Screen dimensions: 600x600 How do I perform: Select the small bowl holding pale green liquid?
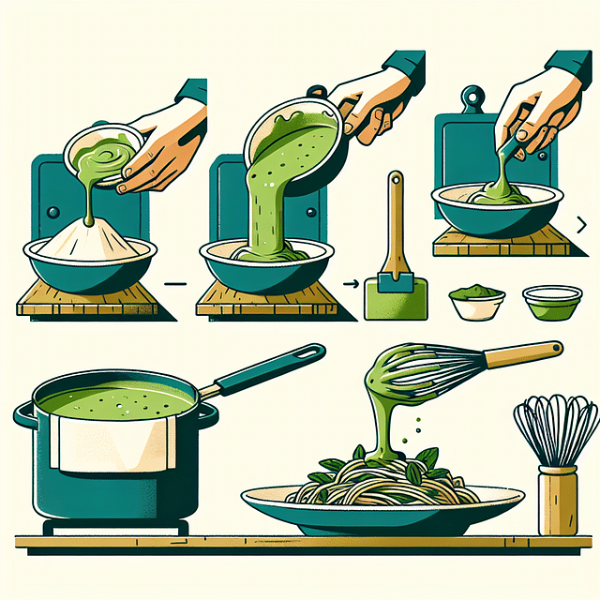pos(550,302)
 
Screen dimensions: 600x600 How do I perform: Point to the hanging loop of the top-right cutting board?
pos(472,97)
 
